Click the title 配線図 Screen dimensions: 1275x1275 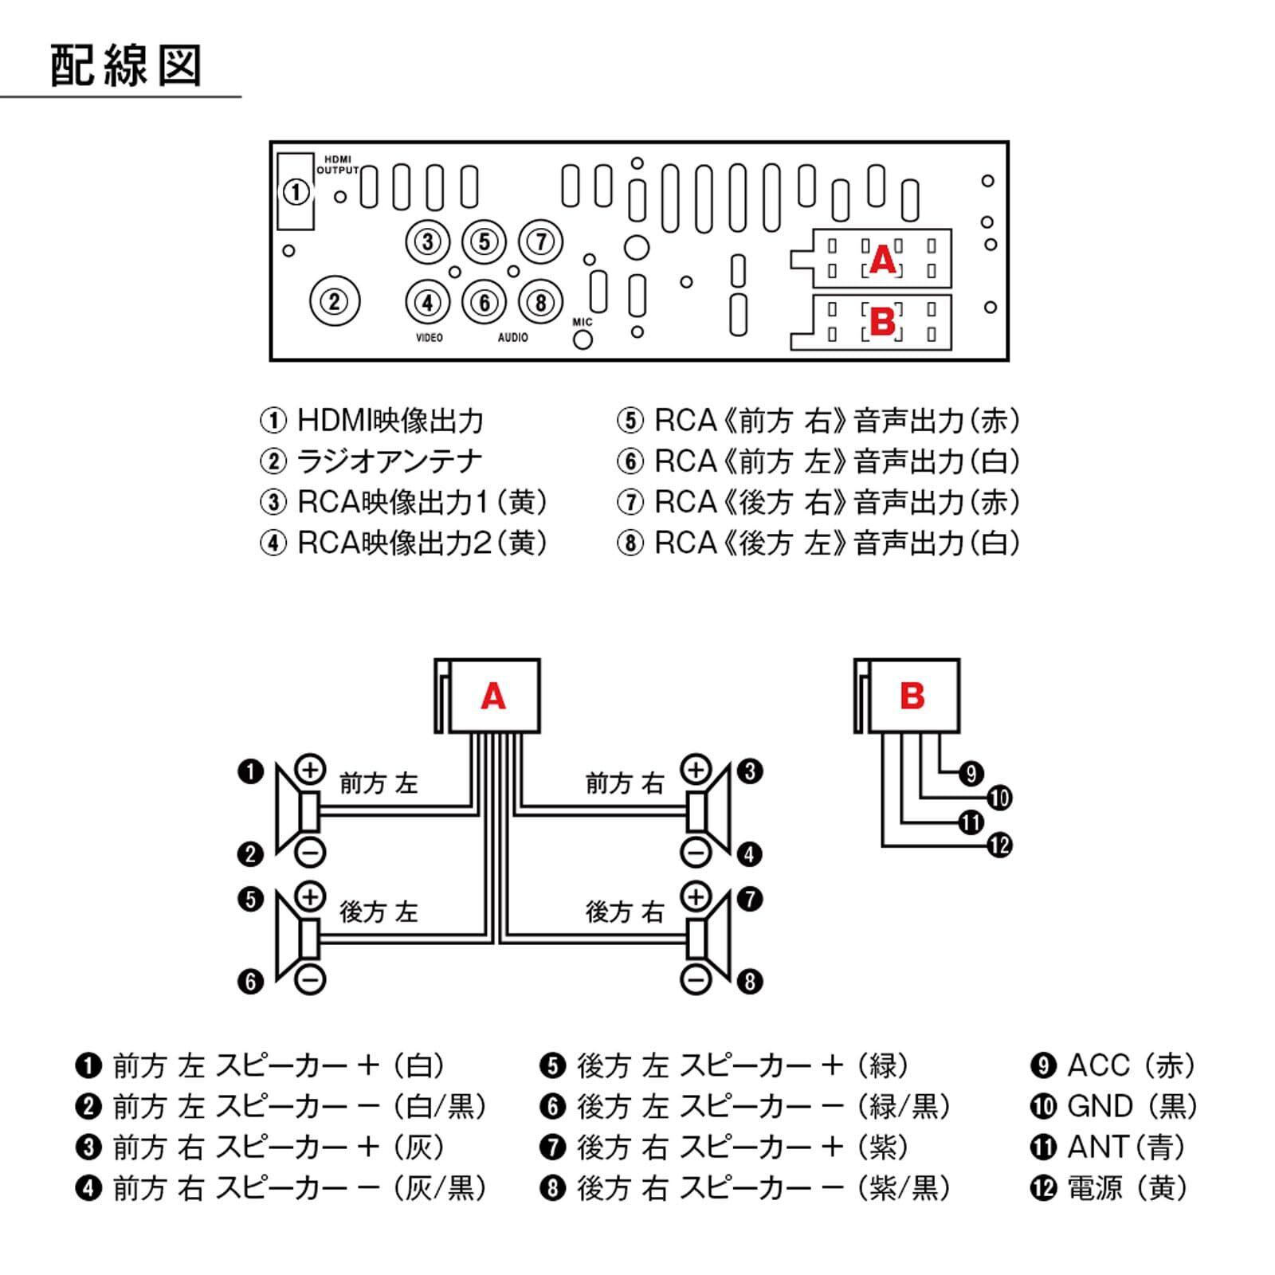tap(126, 65)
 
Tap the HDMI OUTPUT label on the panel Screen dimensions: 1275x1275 tap(338, 165)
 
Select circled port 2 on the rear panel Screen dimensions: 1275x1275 tap(335, 301)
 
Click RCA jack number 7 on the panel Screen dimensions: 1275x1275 tap(541, 241)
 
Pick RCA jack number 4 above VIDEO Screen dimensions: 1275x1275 tap(428, 303)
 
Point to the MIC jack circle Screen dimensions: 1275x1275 tap(583, 339)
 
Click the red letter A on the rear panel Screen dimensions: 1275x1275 tap(883, 260)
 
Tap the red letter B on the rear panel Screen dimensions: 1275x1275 tap(883, 323)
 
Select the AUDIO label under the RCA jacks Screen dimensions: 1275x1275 tap(513, 338)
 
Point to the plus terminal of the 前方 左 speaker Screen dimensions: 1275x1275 tap(310, 770)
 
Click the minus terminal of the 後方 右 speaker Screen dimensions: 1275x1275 tap(696, 979)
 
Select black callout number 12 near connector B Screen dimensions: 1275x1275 tap(999, 845)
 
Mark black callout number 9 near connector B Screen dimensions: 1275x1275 tap(971, 773)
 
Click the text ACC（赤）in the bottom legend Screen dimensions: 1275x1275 tap(1132, 1065)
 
